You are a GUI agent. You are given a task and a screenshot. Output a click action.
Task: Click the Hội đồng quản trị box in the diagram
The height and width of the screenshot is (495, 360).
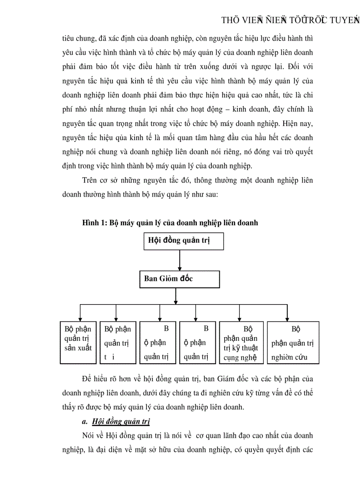tap(184, 241)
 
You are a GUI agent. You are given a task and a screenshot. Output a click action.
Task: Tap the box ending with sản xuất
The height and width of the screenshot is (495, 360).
tap(78, 342)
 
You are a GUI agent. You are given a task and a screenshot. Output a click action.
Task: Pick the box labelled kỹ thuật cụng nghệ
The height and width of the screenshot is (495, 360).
tap(241, 342)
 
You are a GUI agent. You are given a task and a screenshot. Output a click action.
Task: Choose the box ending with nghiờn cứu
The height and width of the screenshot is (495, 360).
tap(293, 342)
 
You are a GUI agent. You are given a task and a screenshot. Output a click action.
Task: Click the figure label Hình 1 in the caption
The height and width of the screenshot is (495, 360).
tap(94, 223)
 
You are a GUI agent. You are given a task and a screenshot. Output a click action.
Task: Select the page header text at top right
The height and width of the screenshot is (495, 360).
tap(290, 20)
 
